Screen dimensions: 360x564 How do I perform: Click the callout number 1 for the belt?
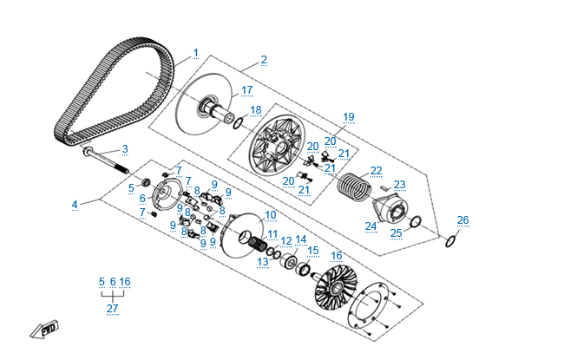[x=195, y=53]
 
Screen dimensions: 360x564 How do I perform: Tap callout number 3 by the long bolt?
[x=125, y=149]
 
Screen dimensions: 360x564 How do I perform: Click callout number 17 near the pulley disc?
[x=246, y=90]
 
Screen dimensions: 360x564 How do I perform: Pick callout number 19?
[x=349, y=117]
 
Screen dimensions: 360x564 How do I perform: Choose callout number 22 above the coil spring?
[x=376, y=171]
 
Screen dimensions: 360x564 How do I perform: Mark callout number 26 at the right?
[x=462, y=220]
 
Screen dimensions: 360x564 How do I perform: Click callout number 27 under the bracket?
[x=112, y=309]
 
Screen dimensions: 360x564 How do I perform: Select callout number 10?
[x=271, y=215]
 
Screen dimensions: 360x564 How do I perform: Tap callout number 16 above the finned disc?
[x=336, y=256]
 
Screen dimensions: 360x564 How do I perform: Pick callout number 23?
[x=399, y=185]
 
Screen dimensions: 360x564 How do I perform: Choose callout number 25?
[x=396, y=233]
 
